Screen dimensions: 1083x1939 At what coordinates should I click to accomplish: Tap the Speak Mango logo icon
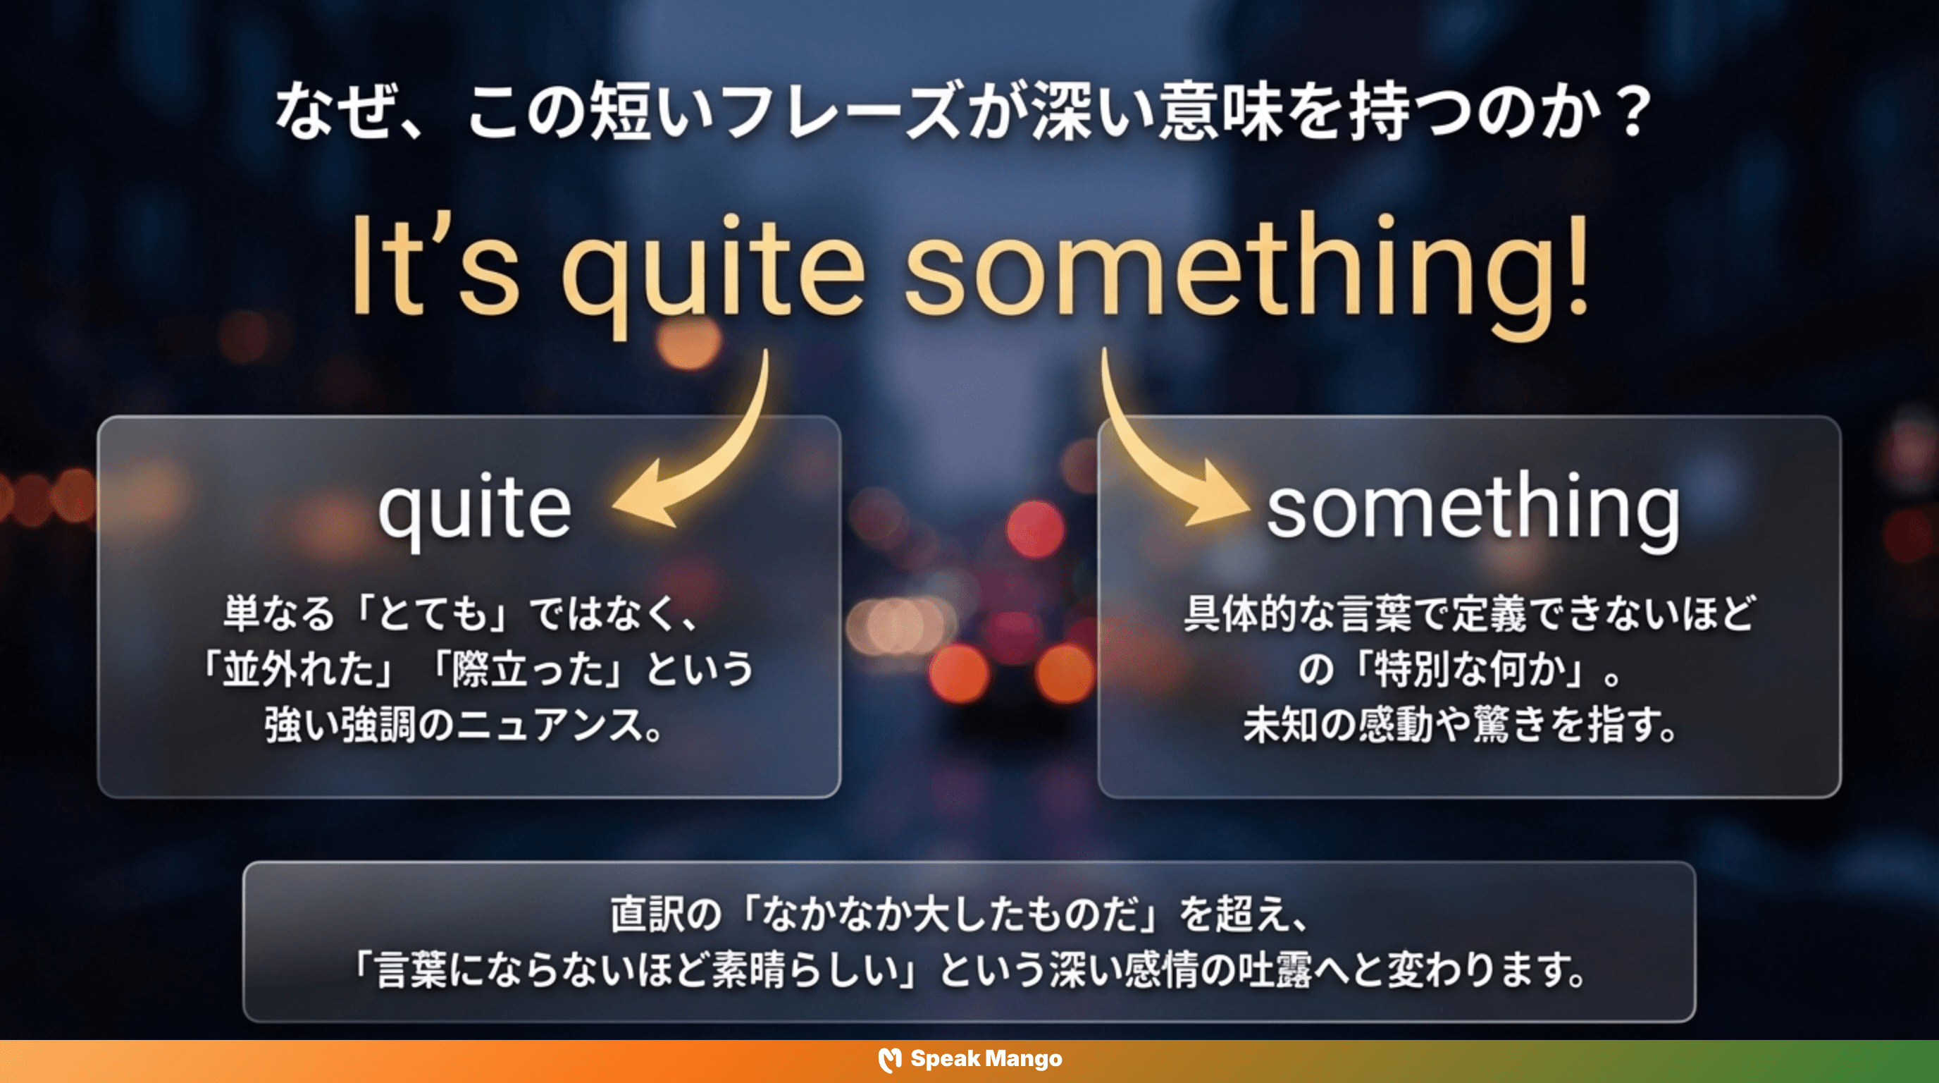point(890,1060)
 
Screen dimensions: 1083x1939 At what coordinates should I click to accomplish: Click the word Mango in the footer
point(1024,1060)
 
